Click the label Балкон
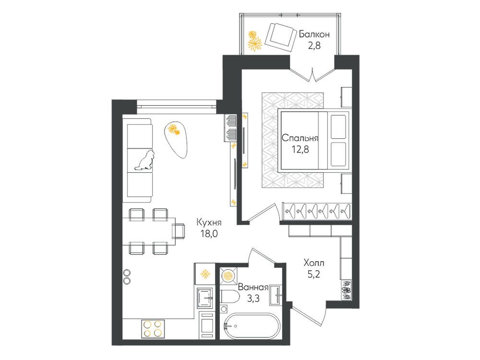click(x=314, y=34)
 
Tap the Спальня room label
click(x=300, y=138)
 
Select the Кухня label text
click(x=209, y=222)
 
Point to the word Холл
click(x=314, y=263)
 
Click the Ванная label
click(x=253, y=287)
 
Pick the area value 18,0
click(x=209, y=234)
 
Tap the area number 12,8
click(x=300, y=150)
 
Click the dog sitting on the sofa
click(x=145, y=160)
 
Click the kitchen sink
click(x=205, y=298)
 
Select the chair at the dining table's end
click(x=179, y=231)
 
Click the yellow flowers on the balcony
click(x=254, y=41)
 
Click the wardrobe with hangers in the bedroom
click(x=317, y=211)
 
